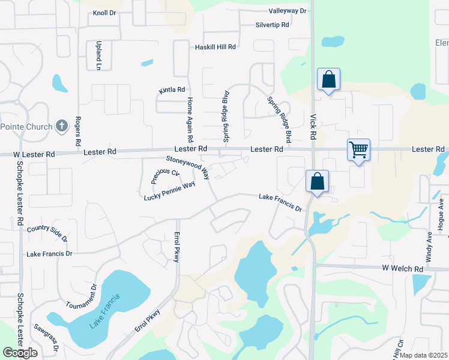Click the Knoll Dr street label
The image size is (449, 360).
(104, 13)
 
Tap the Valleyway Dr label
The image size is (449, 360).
(288, 11)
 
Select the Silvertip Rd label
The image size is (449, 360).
(273, 25)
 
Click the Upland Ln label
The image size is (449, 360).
(98, 56)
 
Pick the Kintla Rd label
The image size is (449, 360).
(172, 90)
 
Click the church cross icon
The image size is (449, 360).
(61, 126)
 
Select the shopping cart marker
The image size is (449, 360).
(358, 149)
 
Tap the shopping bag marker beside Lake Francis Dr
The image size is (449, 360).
(317, 181)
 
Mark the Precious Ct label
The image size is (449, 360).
(165, 176)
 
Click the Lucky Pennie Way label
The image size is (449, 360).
(170, 191)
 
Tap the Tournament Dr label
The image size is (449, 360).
(81, 296)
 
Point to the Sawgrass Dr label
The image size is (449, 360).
(46, 338)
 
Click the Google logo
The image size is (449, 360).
(20, 353)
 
